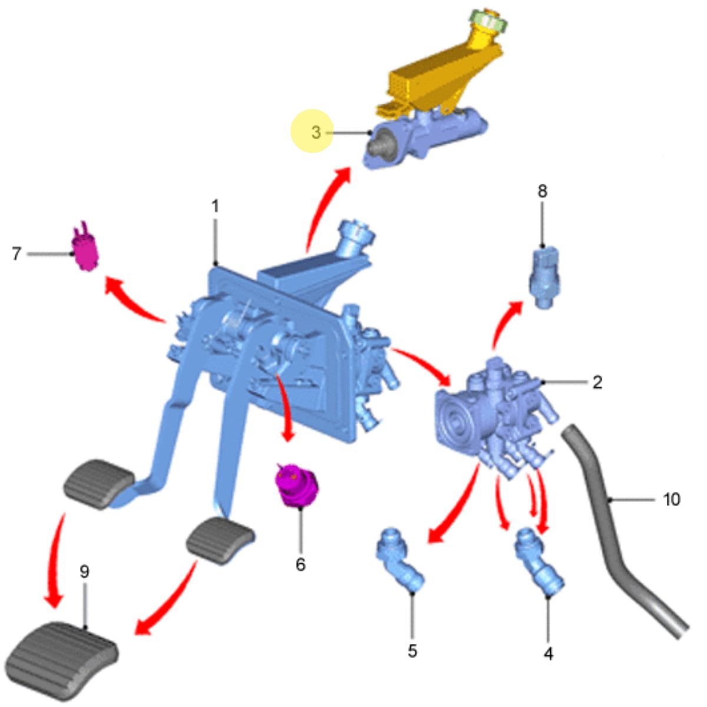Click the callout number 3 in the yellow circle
tap(316, 133)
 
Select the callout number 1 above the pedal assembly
tap(216, 206)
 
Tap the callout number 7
tap(16, 253)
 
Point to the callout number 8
tap(542, 191)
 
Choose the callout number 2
tap(597, 383)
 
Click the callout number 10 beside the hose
tap(672, 500)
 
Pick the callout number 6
tap(300, 564)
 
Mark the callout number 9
tap(84, 571)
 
